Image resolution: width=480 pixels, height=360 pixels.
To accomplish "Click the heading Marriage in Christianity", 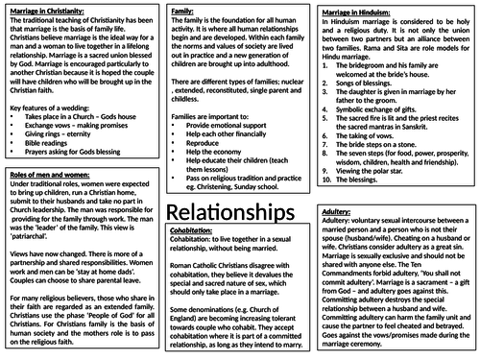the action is click(47, 9).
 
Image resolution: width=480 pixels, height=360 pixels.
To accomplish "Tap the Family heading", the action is click(182, 9).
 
